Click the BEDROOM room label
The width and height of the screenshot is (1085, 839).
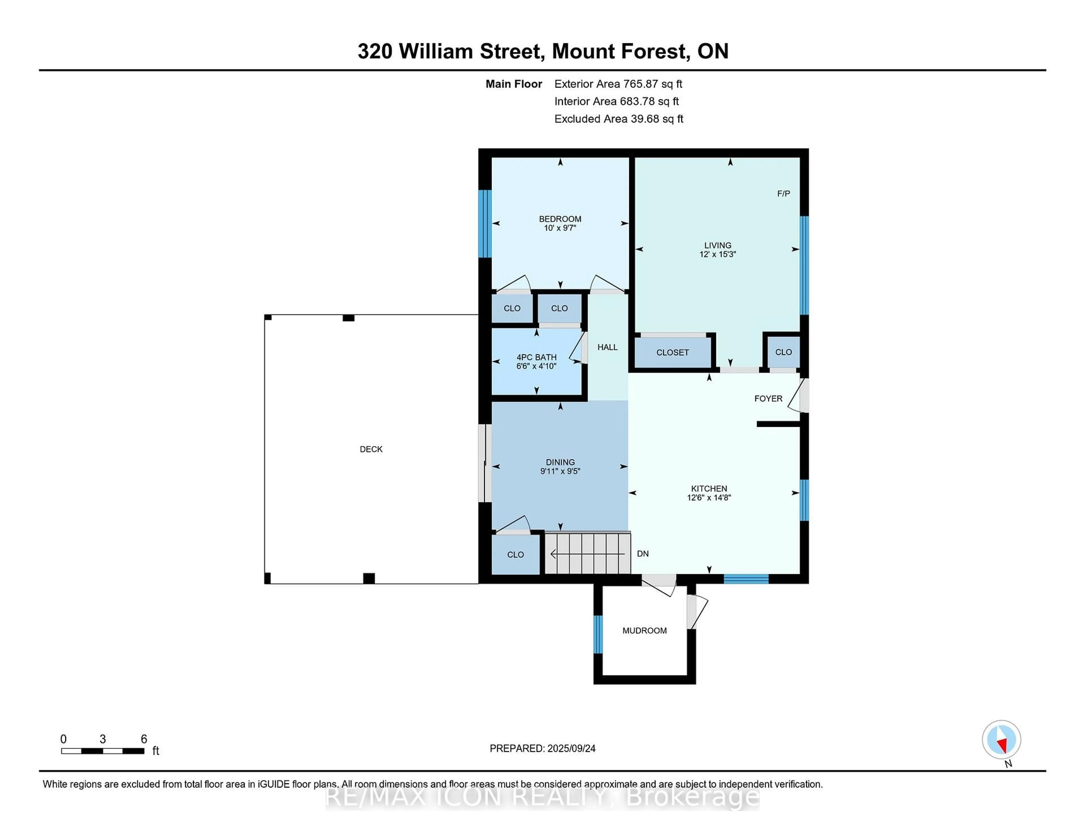click(560, 219)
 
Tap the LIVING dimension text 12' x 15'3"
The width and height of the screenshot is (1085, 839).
click(717, 254)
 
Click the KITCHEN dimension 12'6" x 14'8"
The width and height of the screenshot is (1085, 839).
click(709, 498)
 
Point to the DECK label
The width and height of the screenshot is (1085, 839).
click(371, 449)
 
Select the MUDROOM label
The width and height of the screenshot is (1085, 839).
click(644, 631)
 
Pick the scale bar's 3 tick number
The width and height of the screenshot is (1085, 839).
click(103, 739)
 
